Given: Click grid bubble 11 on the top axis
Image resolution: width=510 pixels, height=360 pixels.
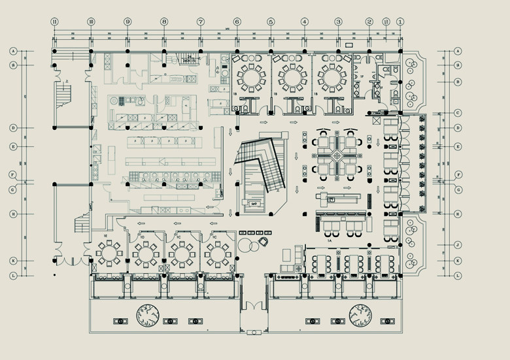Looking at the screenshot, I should pos(55,22).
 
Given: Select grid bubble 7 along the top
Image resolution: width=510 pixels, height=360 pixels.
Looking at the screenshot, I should pos(201,22).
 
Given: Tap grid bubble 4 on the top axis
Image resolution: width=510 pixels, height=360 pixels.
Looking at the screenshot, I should pos(304,22).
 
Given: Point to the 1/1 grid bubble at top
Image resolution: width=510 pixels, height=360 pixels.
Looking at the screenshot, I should pos(386,22).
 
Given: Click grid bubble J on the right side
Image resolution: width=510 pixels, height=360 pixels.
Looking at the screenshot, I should pos(458,245).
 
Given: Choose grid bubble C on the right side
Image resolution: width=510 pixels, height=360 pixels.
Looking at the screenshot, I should pos(458,113).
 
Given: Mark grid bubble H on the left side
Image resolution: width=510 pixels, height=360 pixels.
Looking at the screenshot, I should pos(12,214).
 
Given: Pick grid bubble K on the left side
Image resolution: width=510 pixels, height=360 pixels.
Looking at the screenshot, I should pos(12,261).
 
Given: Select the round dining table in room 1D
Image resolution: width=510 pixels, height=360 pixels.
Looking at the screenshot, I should pos(145,251).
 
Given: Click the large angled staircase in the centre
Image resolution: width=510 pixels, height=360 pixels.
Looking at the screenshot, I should pos(258,167).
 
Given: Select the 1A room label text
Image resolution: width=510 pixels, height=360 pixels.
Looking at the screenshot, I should pos(330,241).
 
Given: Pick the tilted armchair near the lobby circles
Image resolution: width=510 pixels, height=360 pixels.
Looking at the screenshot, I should pos(263,241).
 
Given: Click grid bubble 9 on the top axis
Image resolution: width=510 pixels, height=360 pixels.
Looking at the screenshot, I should pos(127,22).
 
